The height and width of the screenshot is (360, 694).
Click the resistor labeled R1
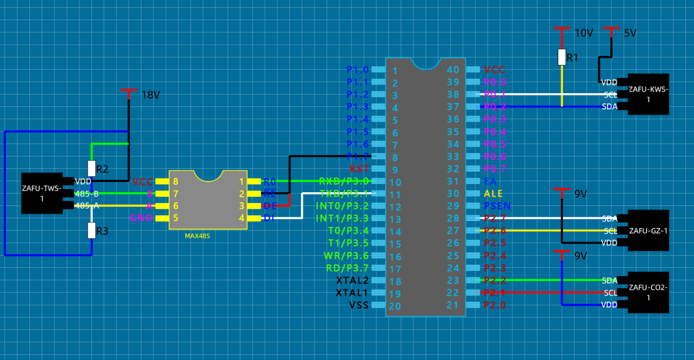click(562, 57)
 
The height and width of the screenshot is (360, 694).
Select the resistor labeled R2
click(91, 168)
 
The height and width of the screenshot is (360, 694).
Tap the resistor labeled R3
click(91, 230)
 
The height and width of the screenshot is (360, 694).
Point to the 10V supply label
click(584, 33)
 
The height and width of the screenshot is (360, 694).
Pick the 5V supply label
click(630, 33)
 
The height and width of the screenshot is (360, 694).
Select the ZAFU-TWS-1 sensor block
click(42, 193)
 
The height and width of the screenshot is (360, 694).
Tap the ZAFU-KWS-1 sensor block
click(648, 94)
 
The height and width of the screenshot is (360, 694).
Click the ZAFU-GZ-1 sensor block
click(648, 231)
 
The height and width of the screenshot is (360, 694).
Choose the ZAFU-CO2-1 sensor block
click(648, 292)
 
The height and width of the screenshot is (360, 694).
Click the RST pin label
click(359, 169)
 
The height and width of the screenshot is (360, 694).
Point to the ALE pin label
click(493, 194)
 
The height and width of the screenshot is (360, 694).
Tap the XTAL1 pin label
click(352, 293)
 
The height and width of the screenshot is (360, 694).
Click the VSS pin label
click(359, 305)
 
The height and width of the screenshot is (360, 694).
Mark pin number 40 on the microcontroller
click(453, 70)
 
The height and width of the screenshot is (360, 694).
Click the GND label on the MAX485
click(141, 218)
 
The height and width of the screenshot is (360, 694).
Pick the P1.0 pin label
click(357, 70)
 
